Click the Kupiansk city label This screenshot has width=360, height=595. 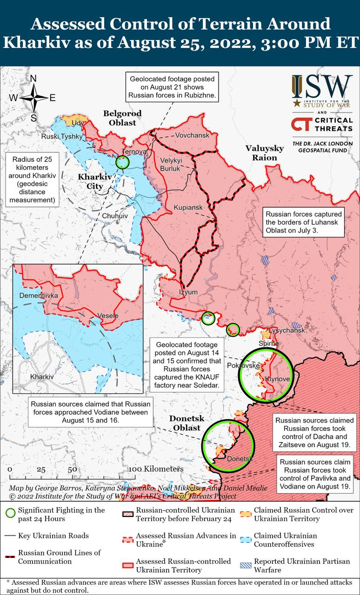point(188,207)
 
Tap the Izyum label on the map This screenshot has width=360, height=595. point(188,292)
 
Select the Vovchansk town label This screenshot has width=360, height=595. point(192,135)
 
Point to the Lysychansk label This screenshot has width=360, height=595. point(287,331)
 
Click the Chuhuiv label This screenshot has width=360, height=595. point(114,217)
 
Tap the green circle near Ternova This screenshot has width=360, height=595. point(122,162)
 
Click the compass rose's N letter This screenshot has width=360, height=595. point(33,79)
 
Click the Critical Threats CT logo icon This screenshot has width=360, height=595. point(301,124)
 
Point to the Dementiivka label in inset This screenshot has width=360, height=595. point(39,295)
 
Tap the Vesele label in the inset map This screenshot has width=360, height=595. point(108,316)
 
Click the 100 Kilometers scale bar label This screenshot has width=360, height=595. point(156,469)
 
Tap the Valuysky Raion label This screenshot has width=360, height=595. point(264,153)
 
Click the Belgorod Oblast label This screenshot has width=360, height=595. point(122,118)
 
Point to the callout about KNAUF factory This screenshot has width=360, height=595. point(187,365)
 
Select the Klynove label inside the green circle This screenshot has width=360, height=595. point(277,379)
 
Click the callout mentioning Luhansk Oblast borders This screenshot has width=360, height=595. point(304,222)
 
